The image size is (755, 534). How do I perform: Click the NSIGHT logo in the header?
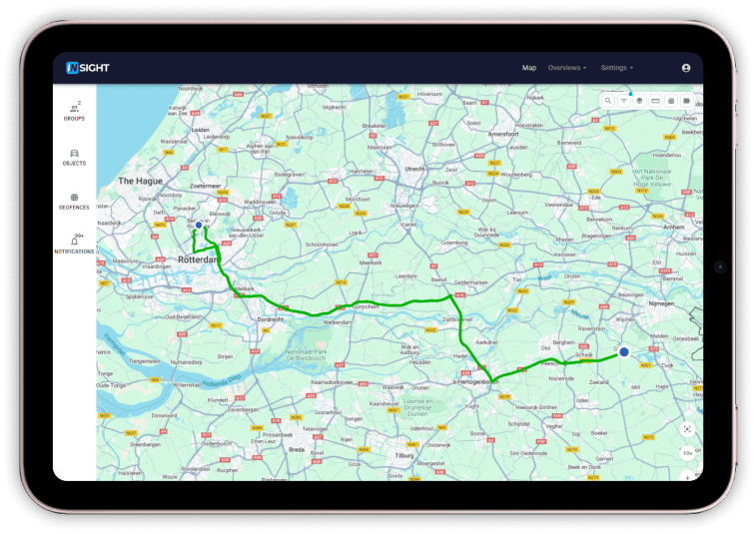[87, 68]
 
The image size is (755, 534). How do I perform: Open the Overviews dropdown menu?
[566, 68]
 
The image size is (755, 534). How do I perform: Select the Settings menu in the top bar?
[616, 68]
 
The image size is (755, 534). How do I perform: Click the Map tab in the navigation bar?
[529, 68]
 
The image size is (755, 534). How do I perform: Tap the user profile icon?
[686, 68]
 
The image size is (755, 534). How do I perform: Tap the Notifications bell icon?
[74, 242]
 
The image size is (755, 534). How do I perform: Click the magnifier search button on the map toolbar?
[608, 101]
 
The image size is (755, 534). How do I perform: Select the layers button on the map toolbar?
[639, 101]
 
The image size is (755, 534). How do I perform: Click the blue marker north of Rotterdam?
[199, 226]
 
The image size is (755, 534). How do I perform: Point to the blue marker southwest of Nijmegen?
[624, 351]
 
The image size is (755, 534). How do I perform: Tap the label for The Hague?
[139, 181]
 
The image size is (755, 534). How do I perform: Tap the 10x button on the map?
[688, 452]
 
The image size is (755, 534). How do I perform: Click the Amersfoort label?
[502, 133]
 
